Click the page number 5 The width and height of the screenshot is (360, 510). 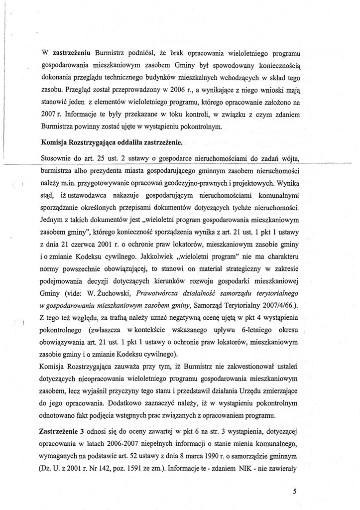[x=295, y=491]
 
